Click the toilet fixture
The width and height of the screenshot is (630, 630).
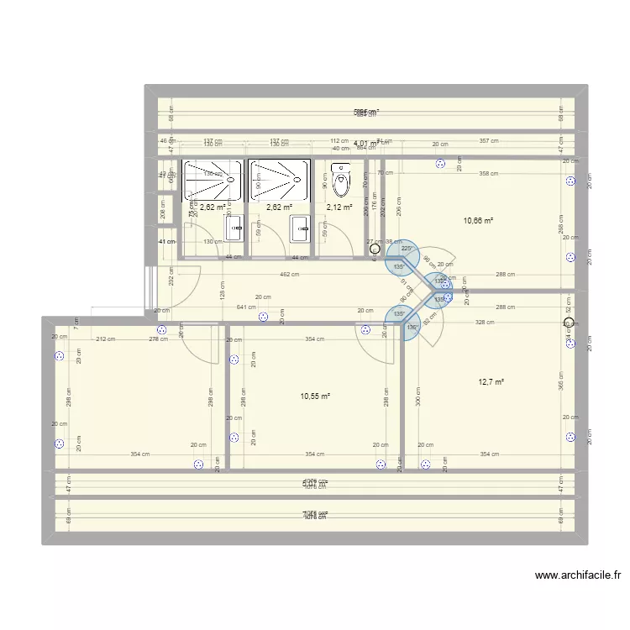pos(341,180)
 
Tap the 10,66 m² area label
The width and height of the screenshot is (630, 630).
pos(478,222)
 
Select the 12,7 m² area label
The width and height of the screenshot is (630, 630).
pos(491,382)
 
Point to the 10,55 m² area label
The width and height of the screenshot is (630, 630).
pos(314,396)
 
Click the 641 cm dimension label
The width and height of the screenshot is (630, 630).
pos(246,307)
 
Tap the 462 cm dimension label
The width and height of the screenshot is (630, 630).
pos(290,275)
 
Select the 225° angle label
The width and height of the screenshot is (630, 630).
pos(407,248)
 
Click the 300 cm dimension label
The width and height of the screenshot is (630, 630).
pos(417,402)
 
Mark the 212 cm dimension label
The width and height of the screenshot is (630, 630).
pos(106,339)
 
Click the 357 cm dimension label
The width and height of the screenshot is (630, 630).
pos(489,141)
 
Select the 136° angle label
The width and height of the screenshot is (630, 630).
pos(412,328)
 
